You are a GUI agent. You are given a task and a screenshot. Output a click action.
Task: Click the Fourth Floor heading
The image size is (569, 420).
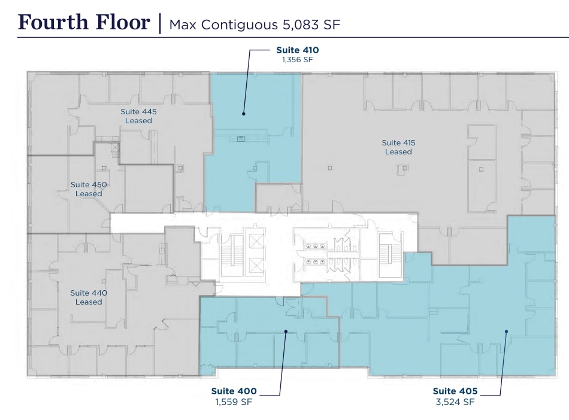coord(84,22)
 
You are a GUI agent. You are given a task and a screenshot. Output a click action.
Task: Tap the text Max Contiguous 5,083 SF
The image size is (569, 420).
coord(255,25)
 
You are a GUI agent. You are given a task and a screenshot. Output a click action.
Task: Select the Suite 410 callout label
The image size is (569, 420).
coord(298,50)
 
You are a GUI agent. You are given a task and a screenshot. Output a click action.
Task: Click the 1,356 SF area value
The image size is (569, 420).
coord(298,59)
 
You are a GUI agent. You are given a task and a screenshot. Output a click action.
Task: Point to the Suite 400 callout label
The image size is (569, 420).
coord(234,391)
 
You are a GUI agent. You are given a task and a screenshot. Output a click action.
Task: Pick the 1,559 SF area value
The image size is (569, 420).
coord(234,401)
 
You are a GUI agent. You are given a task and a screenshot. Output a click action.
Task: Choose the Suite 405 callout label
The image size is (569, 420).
coord(455,391)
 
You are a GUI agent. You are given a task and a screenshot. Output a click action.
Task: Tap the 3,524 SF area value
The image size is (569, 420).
coord(455,401)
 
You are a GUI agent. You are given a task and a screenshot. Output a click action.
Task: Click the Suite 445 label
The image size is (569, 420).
coord(138,112)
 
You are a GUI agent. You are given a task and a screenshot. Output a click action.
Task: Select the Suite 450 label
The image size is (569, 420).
coord(89,184)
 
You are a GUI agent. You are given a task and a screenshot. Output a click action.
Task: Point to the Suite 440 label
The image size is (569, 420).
coord(89,293)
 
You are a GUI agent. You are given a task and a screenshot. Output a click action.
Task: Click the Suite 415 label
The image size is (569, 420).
coord(398,143)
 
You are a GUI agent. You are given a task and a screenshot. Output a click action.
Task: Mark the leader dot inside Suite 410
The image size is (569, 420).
coord(244,114)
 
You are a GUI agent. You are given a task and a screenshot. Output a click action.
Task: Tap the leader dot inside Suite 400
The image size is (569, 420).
coord(286,331)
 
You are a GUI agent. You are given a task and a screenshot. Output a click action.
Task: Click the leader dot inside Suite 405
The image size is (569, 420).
coord(506,331)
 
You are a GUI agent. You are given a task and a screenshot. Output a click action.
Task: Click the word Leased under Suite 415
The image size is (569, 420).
coord(398,152)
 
